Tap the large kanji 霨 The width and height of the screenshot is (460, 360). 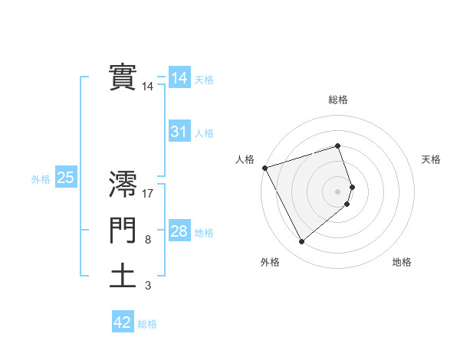click(x=123, y=185)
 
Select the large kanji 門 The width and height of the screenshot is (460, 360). click(x=123, y=231)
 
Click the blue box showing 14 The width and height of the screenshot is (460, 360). click(x=179, y=78)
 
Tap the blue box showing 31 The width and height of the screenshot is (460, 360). click(x=179, y=132)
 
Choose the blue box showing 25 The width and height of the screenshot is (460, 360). click(x=65, y=178)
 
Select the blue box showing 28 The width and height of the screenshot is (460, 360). click(x=179, y=231)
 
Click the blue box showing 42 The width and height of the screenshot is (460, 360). click(x=123, y=322)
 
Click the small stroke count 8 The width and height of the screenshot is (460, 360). click(x=148, y=241)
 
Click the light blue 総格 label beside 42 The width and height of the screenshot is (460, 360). click(x=147, y=324)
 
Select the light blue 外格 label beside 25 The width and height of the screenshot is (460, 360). click(x=41, y=179)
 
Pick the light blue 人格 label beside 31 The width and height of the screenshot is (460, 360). click(x=204, y=133)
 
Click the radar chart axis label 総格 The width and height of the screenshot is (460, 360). click(x=338, y=100)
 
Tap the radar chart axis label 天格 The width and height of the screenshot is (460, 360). click(x=432, y=159)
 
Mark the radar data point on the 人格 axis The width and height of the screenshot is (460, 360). click(x=264, y=167)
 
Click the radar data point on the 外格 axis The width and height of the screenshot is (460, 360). click(x=301, y=242)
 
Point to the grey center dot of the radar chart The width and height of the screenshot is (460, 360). click(x=338, y=191)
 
